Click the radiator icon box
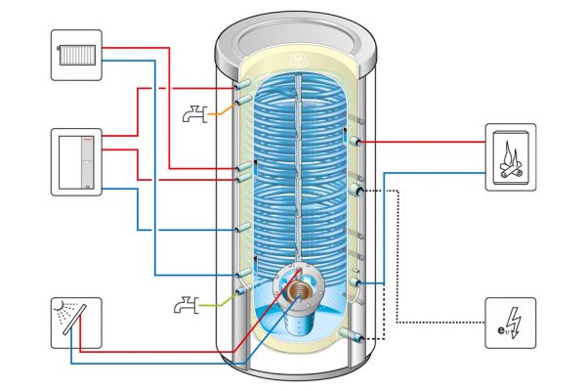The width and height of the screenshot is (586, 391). point(77,56)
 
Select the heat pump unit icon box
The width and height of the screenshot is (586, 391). point(77,161)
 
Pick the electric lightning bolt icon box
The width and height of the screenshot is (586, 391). point(510,323)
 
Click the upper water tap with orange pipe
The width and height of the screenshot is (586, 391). point(194,114)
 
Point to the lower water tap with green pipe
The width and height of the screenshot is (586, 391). point(186,306)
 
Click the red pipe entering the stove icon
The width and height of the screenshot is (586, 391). point(439,141)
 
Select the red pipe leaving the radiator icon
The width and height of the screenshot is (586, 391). point(137,46)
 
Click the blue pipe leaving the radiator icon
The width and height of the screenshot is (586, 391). point(137,61)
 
